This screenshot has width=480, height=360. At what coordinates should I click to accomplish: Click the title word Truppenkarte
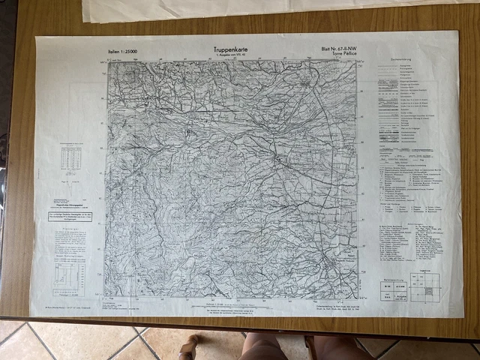[230, 50]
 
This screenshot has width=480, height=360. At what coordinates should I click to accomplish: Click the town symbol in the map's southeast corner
[331, 264]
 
